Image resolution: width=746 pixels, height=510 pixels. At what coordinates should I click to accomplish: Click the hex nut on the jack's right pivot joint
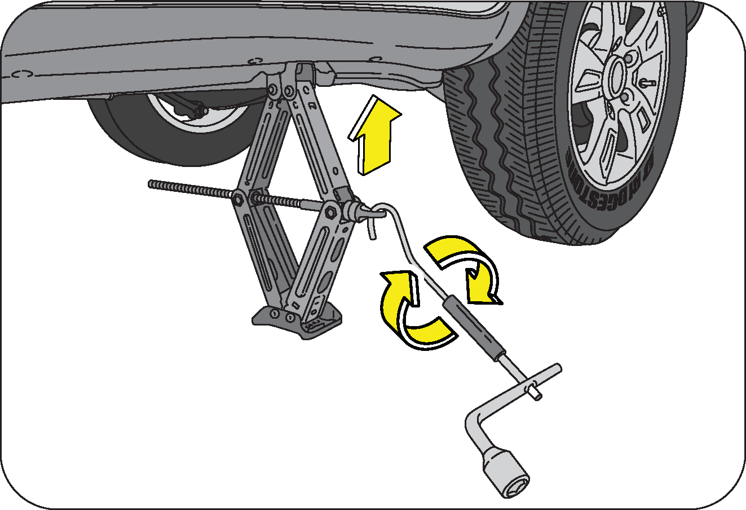point(330,212)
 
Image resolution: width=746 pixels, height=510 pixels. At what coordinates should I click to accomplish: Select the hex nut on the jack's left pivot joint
point(238,198)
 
